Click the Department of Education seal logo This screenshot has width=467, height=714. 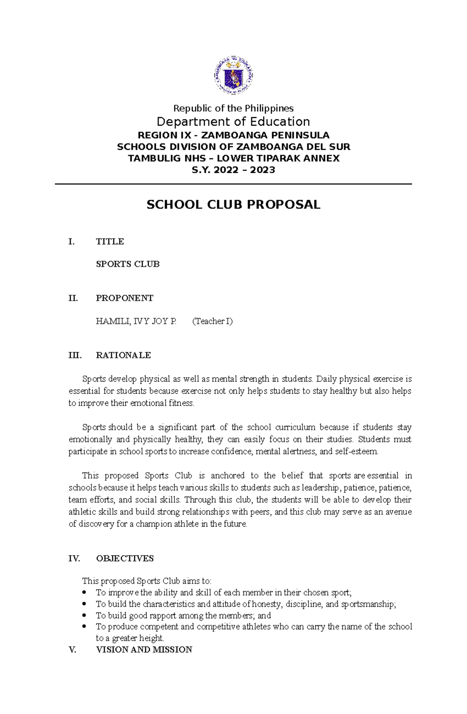tap(233, 76)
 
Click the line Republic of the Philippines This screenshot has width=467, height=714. tap(233, 108)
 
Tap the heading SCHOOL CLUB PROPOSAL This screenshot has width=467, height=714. tap(233, 205)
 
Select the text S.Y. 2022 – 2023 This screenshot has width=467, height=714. tap(233, 170)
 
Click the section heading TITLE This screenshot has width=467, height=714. tap(110, 242)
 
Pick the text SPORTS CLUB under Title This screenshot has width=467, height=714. tap(128, 264)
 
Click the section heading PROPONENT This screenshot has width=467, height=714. tap(125, 298)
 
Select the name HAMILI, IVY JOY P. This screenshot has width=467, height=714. tap(136, 321)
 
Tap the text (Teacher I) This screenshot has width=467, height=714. tap(212, 321)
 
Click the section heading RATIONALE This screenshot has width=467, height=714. tap(123, 355)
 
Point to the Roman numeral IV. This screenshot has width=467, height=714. tap(74, 559)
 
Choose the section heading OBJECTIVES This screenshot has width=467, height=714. tap(125, 559)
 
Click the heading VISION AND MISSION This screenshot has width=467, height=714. tap(144, 650)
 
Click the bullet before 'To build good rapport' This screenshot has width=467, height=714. tap(84, 616)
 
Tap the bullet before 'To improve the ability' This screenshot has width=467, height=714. tap(84, 593)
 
